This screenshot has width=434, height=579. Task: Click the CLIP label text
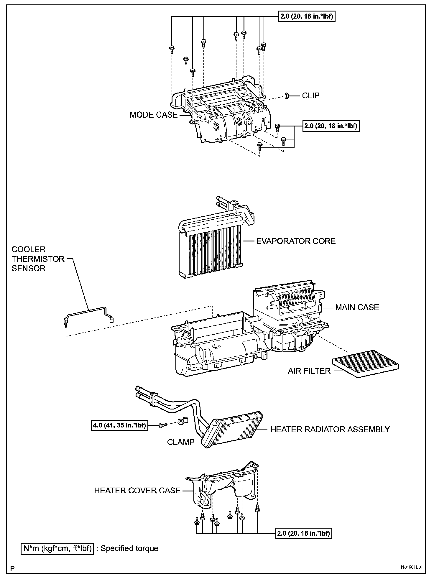(x=310, y=96)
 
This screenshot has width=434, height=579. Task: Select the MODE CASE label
(x=154, y=115)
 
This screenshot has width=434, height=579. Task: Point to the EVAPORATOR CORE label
(x=296, y=241)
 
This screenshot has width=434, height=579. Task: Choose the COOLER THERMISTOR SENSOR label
(x=38, y=259)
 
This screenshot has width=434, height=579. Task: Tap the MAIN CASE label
(x=357, y=307)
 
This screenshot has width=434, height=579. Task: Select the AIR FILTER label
(x=309, y=371)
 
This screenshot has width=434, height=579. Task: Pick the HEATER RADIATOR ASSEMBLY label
(x=330, y=429)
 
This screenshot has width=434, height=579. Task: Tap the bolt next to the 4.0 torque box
(x=162, y=425)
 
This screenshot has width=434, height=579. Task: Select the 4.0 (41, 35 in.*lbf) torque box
(x=119, y=425)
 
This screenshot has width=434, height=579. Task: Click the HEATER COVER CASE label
(x=137, y=490)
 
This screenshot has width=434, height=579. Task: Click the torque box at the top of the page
(x=307, y=17)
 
